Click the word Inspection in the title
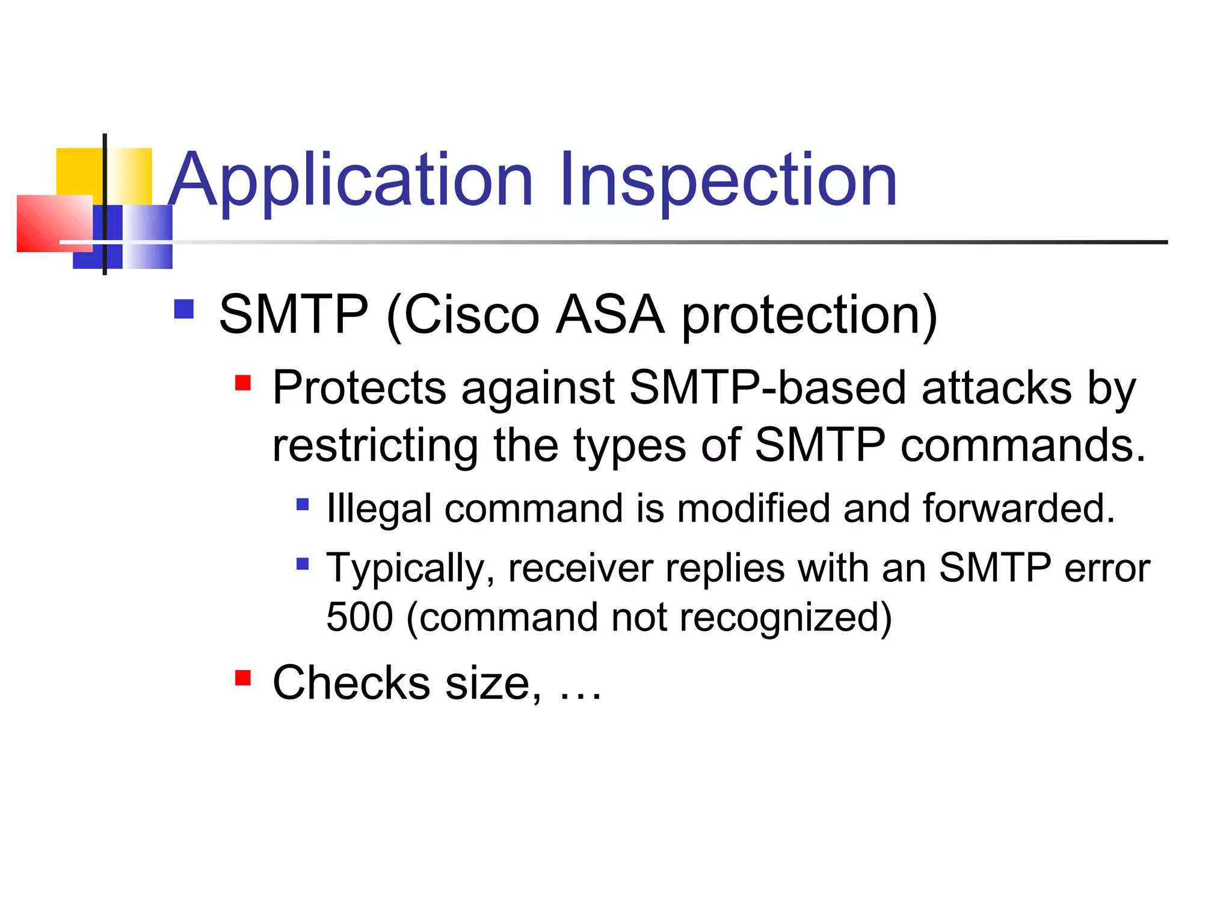tap(728, 180)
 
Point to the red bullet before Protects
tap(243, 383)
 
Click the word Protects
tap(359, 387)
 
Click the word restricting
tap(375, 445)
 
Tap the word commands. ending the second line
tap(1023, 445)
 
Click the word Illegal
tap(379, 509)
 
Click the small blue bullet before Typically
tap(303, 564)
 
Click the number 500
tap(359, 617)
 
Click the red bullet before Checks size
tap(243, 678)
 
